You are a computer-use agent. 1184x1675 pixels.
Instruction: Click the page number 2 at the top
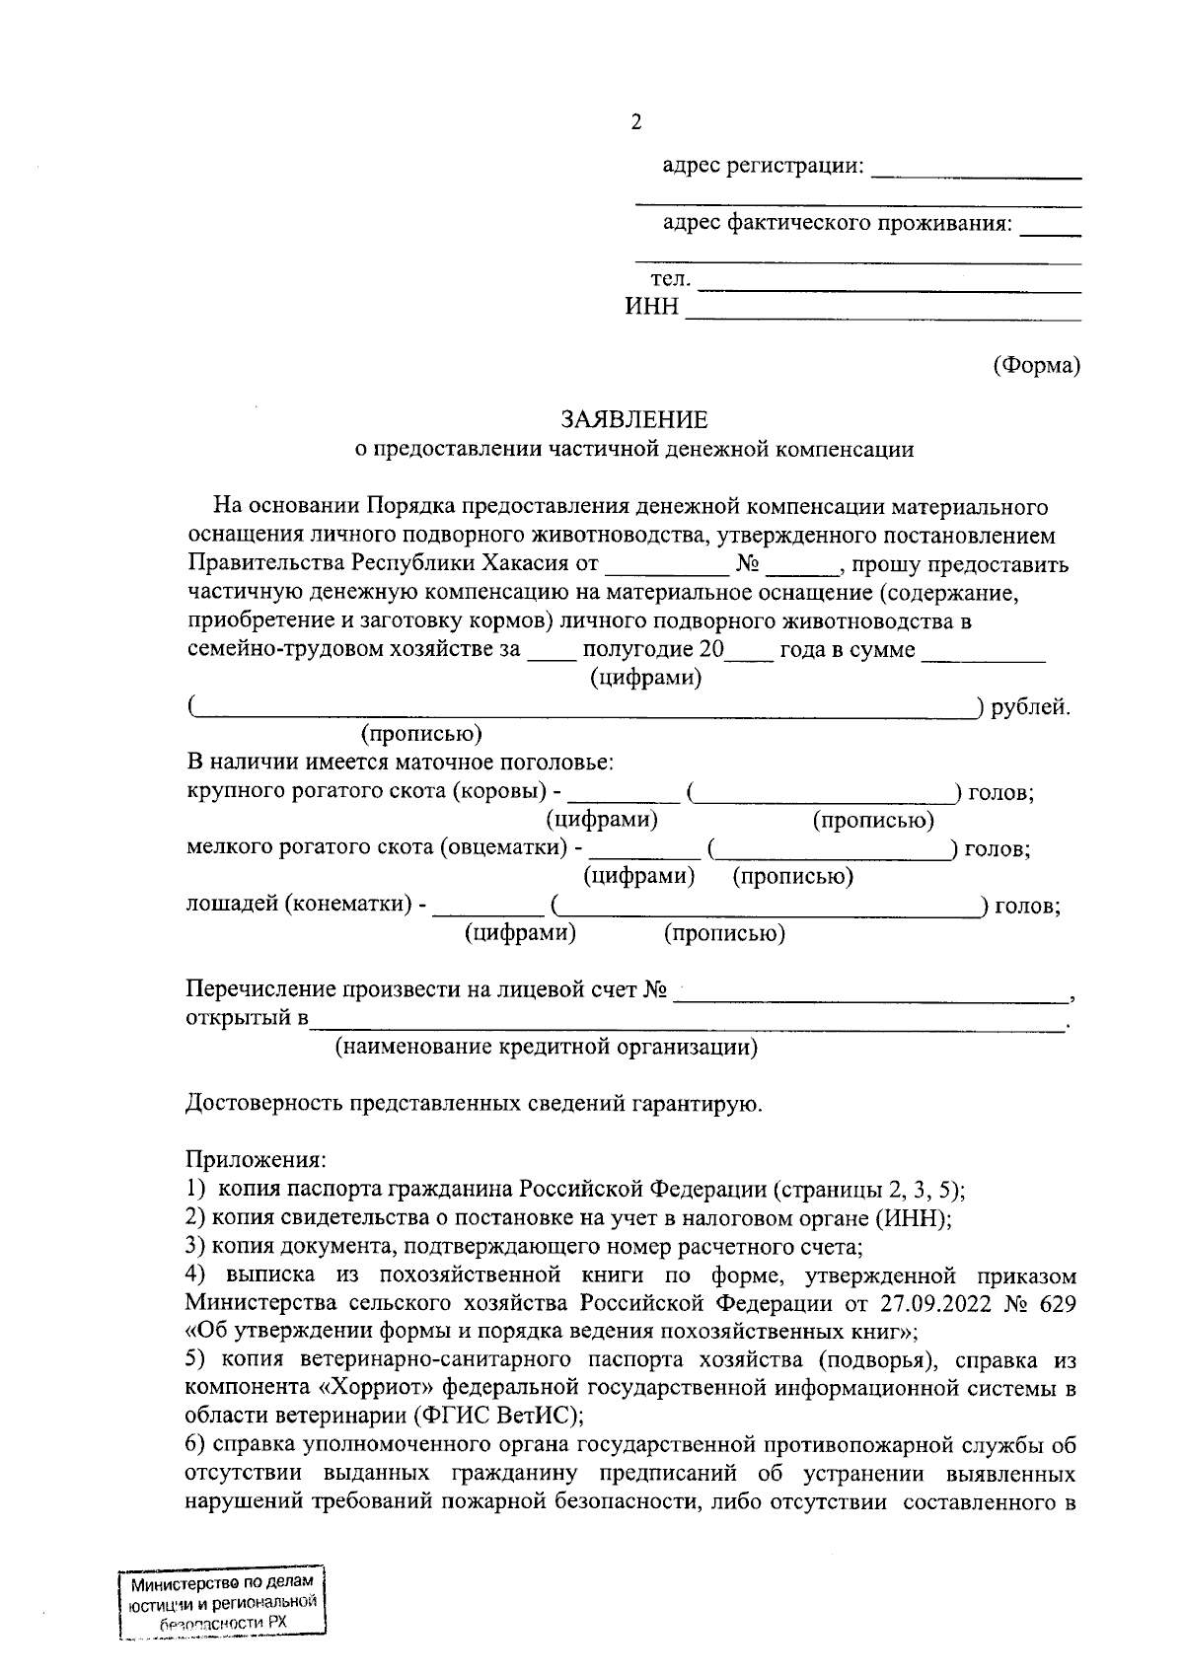tap(635, 122)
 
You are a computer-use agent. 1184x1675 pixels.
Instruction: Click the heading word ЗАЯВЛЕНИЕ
tap(634, 420)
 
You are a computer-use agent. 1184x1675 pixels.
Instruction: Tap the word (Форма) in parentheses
tap(1036, 365)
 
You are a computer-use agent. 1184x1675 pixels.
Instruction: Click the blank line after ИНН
tap(883, 314)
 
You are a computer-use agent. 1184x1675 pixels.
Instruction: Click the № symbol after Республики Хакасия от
tap(747, 565)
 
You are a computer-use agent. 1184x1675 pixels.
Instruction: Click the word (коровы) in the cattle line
tap(500, 792)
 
